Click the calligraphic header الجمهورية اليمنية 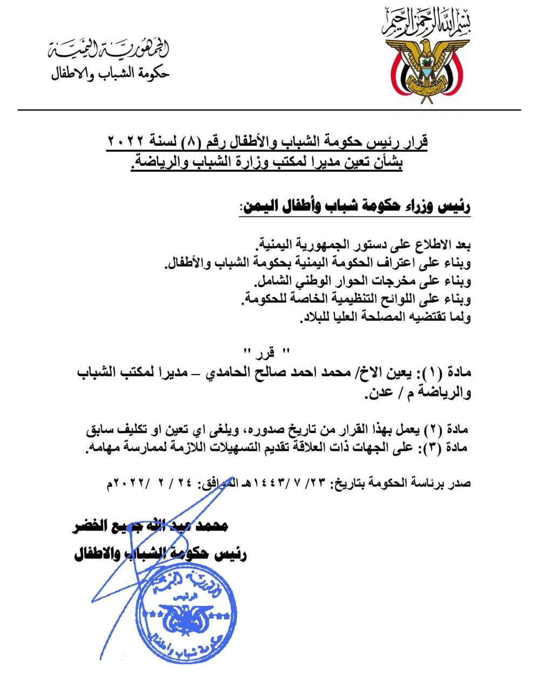click(108, 50)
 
